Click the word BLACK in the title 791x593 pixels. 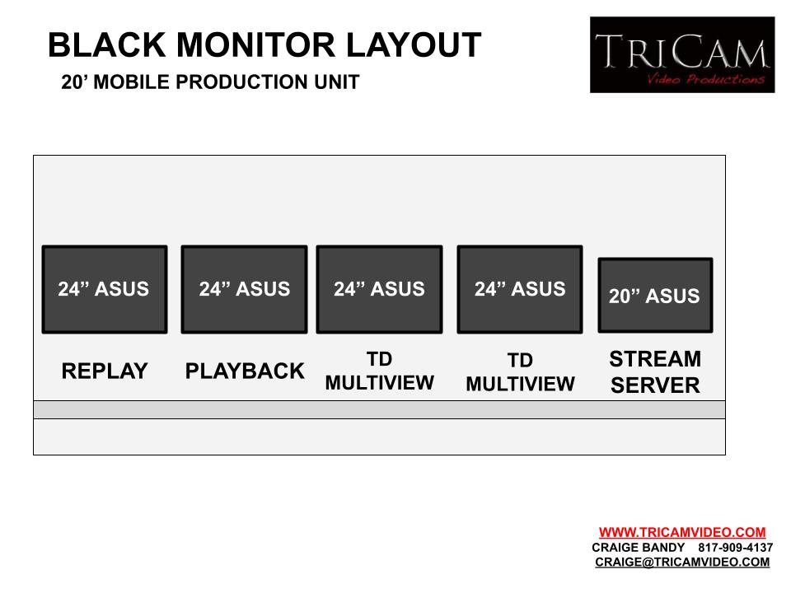tap(107, 44)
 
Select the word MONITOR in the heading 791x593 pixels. tap(255, 44)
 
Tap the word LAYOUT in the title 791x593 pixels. tap(414, 44)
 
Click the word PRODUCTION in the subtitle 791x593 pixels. tap(242, 82)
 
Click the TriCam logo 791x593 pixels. tap(682, 54)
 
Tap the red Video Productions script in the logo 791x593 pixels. tap(706, 79)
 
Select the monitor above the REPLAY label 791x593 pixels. tap(105, 289)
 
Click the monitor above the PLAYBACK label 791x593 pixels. tap(244, 289)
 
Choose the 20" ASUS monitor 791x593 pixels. tap(655, 295)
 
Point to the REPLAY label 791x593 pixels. tap(105, 371)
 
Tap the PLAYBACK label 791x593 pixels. tap(245, 371)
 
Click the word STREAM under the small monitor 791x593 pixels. tap(655, 359)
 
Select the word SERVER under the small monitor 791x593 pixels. tap(655, 385)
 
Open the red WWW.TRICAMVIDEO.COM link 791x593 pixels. tap(682, 533)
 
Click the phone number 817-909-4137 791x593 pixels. tap(736, 548)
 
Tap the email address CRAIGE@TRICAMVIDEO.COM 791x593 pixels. tap(682, 563)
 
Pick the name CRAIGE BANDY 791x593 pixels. tap(638, 548)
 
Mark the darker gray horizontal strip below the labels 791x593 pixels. tap(379, 409)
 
